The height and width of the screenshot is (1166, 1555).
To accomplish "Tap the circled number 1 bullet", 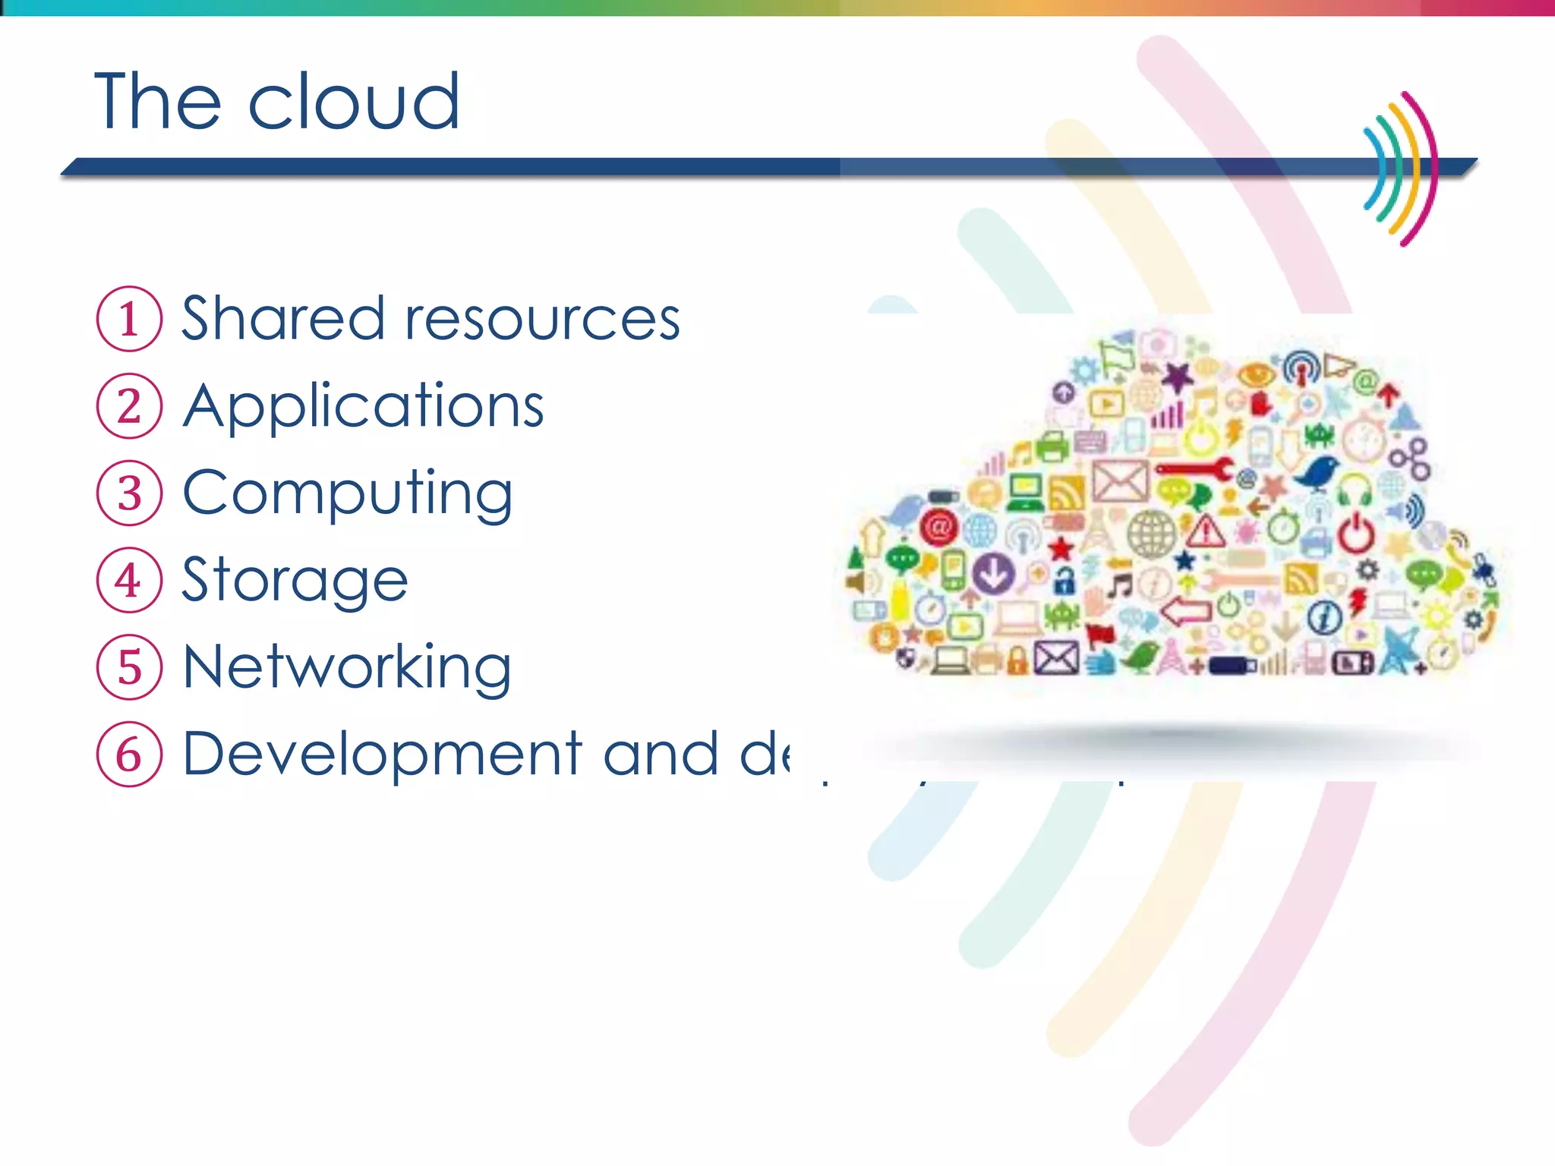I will click(129, 319).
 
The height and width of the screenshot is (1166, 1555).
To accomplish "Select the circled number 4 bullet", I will click(129, 581).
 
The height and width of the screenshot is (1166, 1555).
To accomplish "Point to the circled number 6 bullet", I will click(129, 755).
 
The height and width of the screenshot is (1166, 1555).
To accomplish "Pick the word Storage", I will click(295, 581).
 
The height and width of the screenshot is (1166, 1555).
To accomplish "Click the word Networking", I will click(348, 667).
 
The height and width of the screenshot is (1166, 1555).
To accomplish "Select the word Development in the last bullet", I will click(382, 755).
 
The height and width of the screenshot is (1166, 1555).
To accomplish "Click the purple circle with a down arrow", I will click(993, 573).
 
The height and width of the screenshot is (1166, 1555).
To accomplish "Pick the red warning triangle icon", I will click(1206, 531).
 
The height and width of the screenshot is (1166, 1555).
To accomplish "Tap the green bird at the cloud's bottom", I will click(1140, 656).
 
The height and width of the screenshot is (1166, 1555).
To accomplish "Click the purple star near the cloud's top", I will click(1178, 376).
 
